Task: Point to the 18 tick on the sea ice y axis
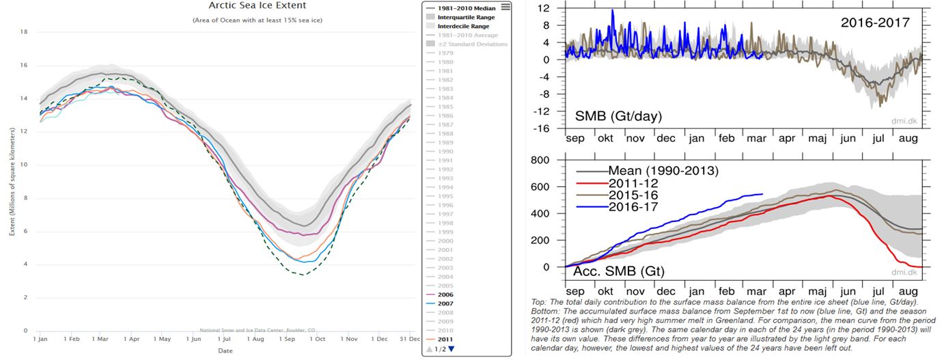point(23,31)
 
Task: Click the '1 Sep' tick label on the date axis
point(287,338)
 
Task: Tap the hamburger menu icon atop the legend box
point(505,7)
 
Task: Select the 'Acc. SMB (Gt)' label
point(617,271)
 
